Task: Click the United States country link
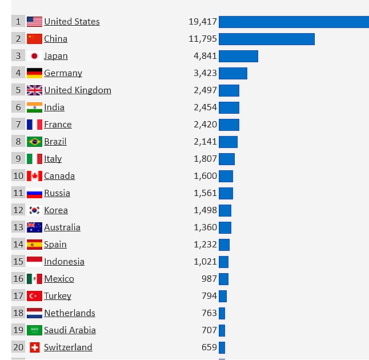[71, 22]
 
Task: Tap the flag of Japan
[34, 56]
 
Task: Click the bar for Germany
[232, 73]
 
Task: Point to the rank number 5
[18, 90]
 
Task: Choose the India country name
[54, 107]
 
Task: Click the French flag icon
[34, 125]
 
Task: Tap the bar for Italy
[226, 159]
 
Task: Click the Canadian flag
[34, 176]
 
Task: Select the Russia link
[57, 193]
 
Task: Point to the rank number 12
[18, 210]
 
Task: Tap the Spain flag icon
[34, 245]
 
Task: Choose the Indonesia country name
[64, 262]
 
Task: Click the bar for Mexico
[223, 279]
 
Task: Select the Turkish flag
[34, 296]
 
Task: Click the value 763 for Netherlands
[209, 313]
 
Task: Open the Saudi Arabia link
[70, 330]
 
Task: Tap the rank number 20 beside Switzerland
[18, 347]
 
